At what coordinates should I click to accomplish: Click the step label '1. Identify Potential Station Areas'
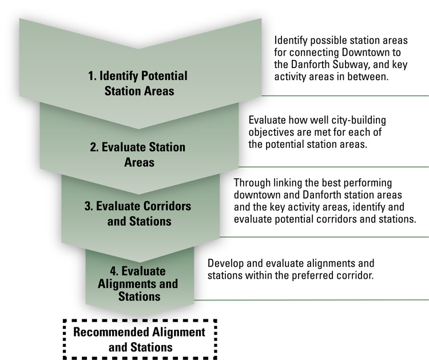(x=138, y=83)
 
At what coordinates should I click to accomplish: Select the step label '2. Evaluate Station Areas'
(x=138, y=155)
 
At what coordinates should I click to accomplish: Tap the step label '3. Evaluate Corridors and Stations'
(x=138, y=213)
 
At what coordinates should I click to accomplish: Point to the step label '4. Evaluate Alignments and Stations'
(x=138, y=284)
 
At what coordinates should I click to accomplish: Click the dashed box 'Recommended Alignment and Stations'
(x=140, y=339)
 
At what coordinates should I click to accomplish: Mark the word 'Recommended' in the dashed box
(x=111, y=332)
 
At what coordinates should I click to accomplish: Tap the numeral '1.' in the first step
(x=93, y=76)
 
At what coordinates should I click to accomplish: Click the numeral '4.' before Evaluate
(x=114, y=271)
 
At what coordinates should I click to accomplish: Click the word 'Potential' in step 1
(x=164, y=76)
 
